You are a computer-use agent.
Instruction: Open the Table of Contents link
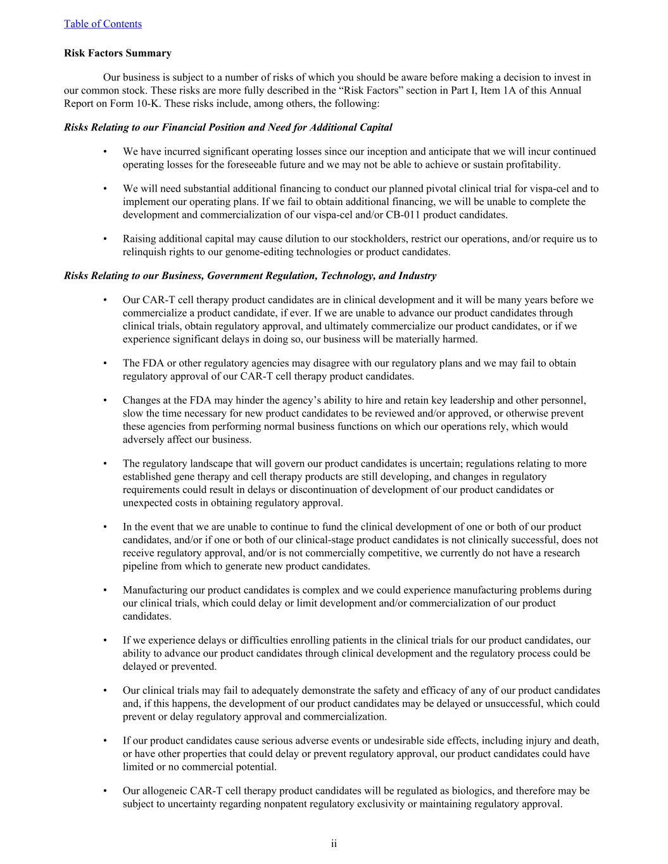(x=103, y=24)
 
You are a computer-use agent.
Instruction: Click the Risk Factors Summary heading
(x=117, y=53)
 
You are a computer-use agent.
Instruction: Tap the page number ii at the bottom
(x=334, y=844)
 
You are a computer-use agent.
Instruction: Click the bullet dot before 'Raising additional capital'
(x=105, y=239)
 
